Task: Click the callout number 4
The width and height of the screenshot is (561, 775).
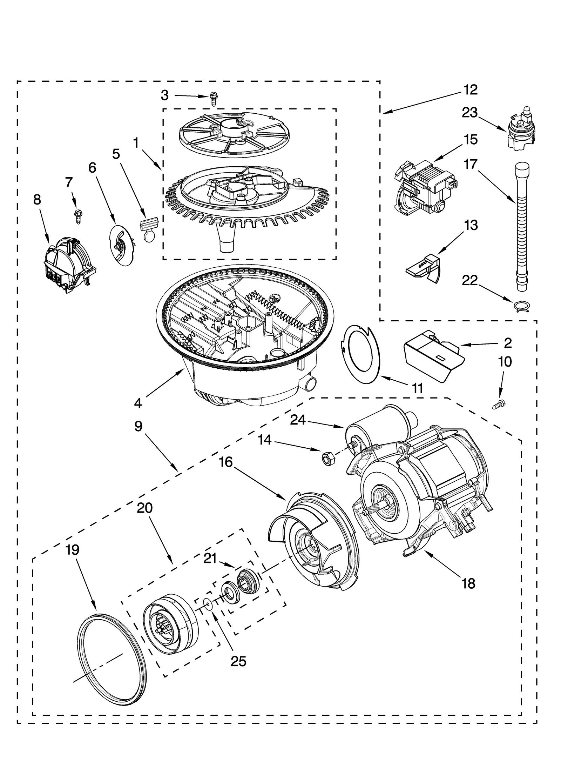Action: (138, 403)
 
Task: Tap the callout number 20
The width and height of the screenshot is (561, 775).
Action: (144, 508)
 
